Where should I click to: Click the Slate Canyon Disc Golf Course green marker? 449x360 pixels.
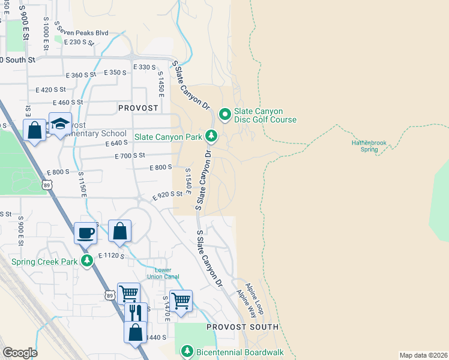point(224,113)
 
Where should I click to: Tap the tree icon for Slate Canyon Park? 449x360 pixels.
point(211,136)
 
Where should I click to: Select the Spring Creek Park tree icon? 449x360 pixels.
point(88,261)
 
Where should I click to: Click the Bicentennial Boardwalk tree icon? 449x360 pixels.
point(187,351)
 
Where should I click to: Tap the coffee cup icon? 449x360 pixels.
point(85,232)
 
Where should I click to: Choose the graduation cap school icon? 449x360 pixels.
point(60,124)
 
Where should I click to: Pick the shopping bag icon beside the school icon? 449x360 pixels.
point(35,129)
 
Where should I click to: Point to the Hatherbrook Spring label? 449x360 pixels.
point(369,146)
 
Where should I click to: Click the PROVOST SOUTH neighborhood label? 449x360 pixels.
point(243,327)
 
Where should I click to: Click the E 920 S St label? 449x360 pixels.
point(167,195)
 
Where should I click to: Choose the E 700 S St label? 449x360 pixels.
point(130,155)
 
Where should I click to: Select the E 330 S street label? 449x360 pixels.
point(144,67)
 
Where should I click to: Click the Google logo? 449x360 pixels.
point(19,352)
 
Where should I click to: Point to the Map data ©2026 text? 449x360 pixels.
point(423,355)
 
